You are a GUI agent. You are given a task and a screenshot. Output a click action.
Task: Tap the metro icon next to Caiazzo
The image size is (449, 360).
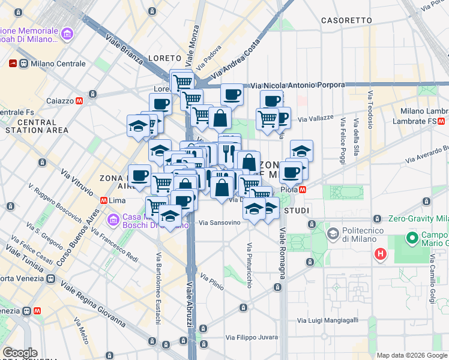point(93,94)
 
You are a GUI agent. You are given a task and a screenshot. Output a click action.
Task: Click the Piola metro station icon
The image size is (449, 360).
point(303,190)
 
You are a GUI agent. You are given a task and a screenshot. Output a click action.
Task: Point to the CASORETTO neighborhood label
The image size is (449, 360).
point(347,20)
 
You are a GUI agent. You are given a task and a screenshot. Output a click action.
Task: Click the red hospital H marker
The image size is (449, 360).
point(380,254)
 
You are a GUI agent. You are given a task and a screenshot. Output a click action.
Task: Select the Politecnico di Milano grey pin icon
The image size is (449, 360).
point(332,232)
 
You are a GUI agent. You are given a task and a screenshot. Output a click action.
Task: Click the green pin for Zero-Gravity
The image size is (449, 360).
point(377,218)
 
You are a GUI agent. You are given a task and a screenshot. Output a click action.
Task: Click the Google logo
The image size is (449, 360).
point(20,353)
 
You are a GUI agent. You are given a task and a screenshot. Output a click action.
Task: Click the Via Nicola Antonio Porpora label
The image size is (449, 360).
point(298,85)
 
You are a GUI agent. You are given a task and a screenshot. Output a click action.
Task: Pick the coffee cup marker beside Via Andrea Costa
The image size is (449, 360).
point(232,94)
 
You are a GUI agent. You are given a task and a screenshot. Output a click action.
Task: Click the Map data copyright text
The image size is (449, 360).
point(411,355)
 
